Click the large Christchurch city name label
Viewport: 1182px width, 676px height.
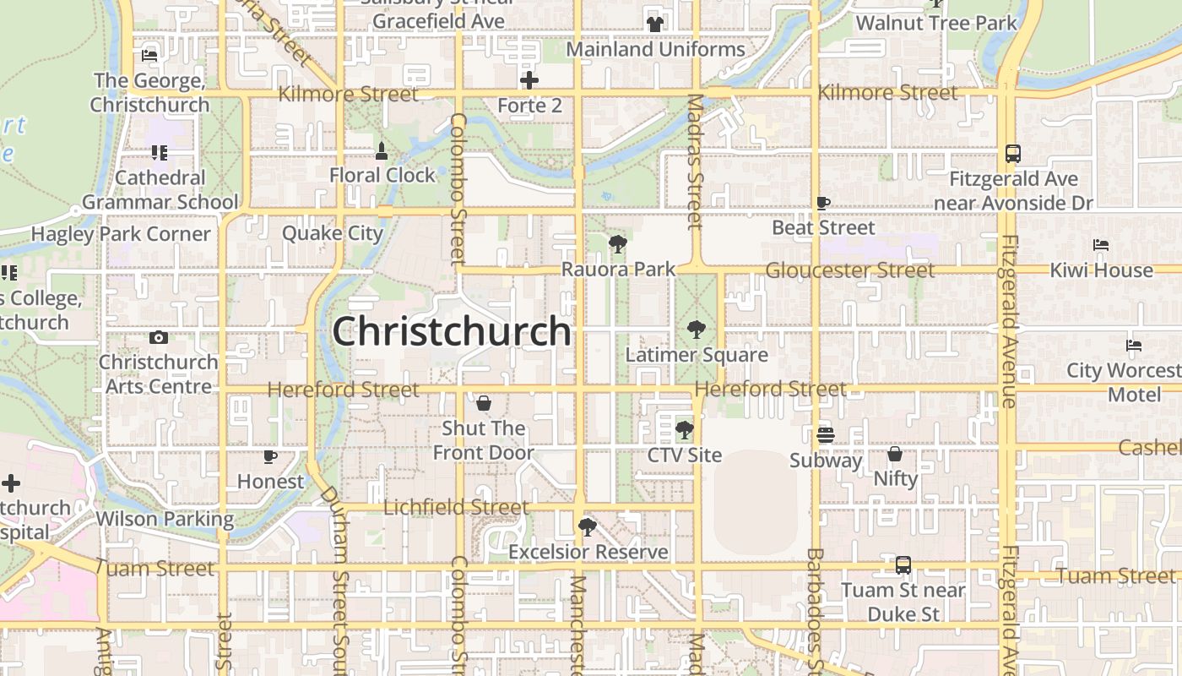(452, 331)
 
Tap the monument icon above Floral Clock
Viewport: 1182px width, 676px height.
(382, 151)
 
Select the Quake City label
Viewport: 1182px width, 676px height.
(333, 233)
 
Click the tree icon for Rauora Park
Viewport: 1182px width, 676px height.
(618, 245)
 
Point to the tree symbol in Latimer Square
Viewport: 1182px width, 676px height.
(697, 330)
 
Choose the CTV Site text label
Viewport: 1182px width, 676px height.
(685, 455)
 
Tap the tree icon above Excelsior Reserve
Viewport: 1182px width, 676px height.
(588, 528)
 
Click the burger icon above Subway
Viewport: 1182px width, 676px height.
(826, 435)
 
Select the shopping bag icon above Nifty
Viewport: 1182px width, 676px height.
(895, 455)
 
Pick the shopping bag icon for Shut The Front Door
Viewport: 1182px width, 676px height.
(484, 404)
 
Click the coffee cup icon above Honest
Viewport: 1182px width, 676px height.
(270, 457)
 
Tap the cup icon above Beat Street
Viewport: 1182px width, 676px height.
(823, 203)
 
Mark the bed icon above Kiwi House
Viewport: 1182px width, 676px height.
(1101, 245)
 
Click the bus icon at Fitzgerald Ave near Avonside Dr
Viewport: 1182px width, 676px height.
(1013, 154)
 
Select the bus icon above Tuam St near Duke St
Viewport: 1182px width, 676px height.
(903, 565)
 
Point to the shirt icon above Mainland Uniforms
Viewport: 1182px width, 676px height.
(655, 24)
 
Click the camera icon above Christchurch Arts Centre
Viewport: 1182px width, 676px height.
(158, 338)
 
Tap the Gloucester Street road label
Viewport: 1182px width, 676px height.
(849, 270)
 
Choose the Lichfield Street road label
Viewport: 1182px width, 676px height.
(456, 508)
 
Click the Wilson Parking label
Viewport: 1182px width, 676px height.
(165, 519)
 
